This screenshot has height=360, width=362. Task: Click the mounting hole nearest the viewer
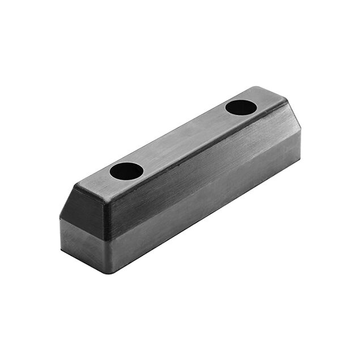[x=126, y=171]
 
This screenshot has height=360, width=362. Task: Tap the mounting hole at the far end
[x=241, y=107]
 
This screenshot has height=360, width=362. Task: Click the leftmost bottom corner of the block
[x=61, y=249]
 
